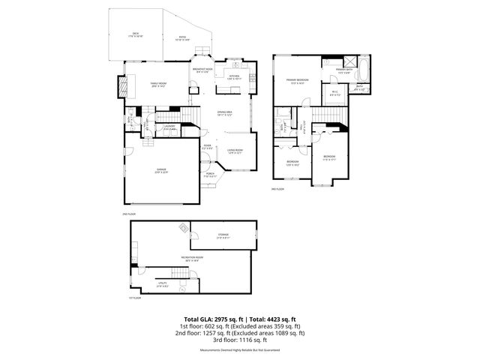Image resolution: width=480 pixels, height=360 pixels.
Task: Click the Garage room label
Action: pos(161,172)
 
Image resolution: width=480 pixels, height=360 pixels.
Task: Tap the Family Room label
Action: pos(157,84)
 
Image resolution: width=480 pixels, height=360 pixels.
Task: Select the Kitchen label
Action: pos(233,76)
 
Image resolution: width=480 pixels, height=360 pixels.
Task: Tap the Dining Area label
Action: pos(224,113)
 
